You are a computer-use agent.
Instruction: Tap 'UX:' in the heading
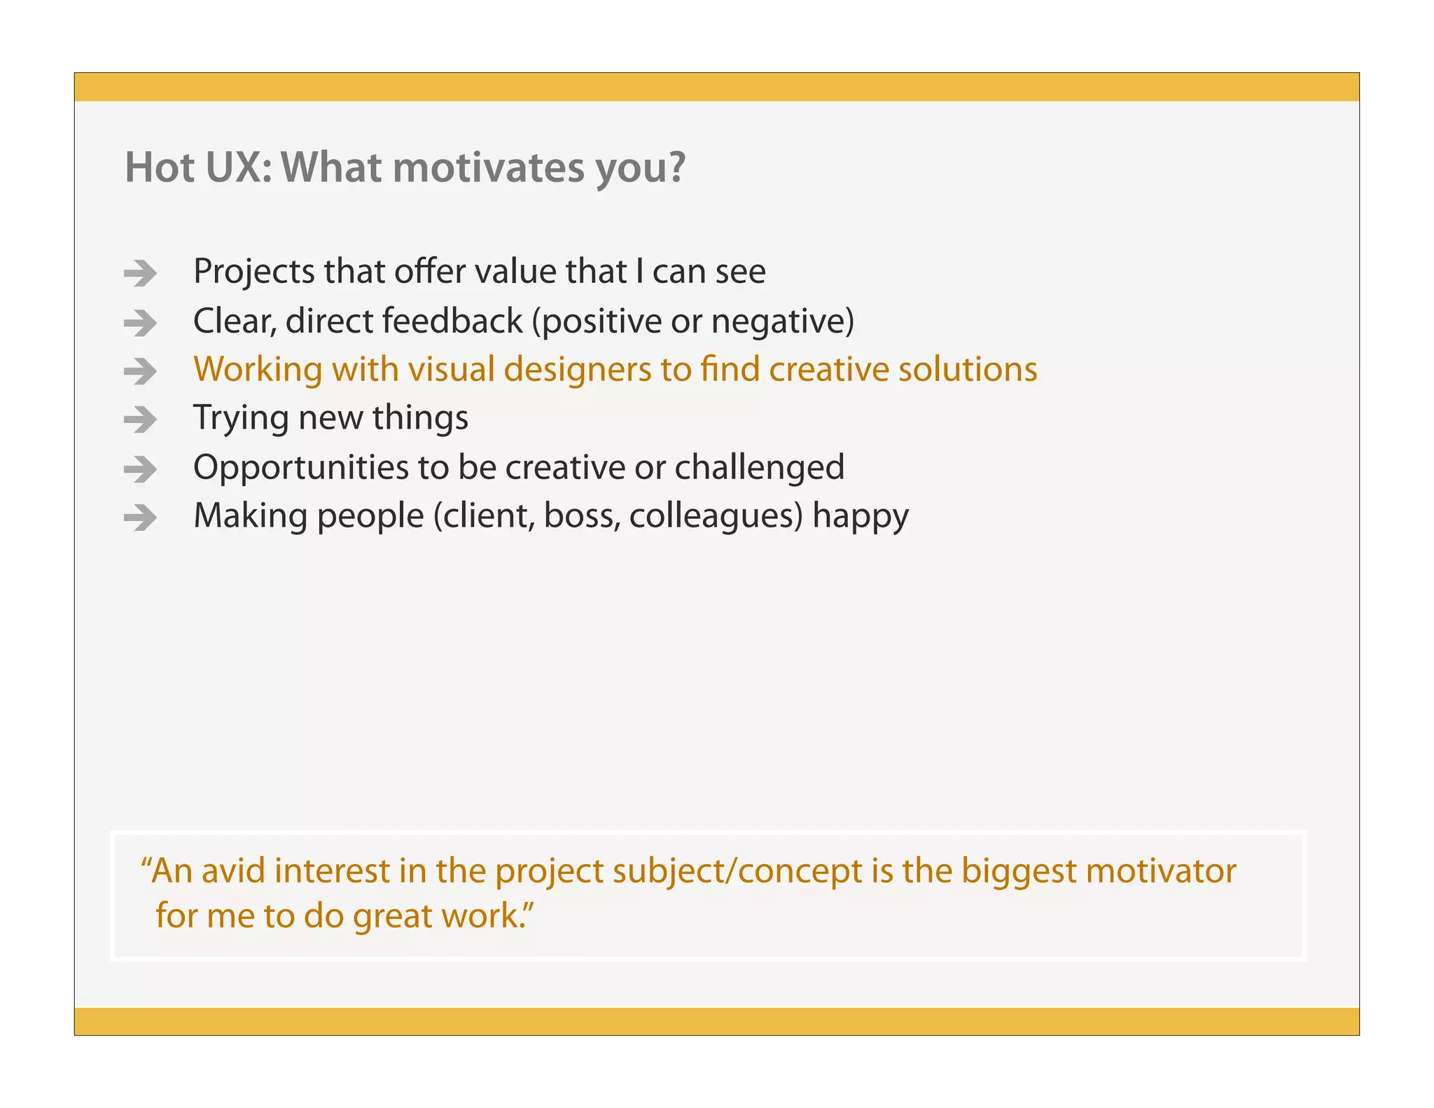click(x=238, y=168)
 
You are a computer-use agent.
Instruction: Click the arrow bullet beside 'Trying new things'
click(x=140, y=420)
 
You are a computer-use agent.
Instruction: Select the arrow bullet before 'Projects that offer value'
click(x=140, y=273)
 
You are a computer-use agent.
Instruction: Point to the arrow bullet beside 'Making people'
click(x=140, y=518)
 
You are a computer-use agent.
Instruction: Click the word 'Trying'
click(x=240, y=419)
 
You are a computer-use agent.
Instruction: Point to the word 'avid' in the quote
click(x=233, y=871)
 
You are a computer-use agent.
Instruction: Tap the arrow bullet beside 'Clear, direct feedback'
click(x=140, y=323)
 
